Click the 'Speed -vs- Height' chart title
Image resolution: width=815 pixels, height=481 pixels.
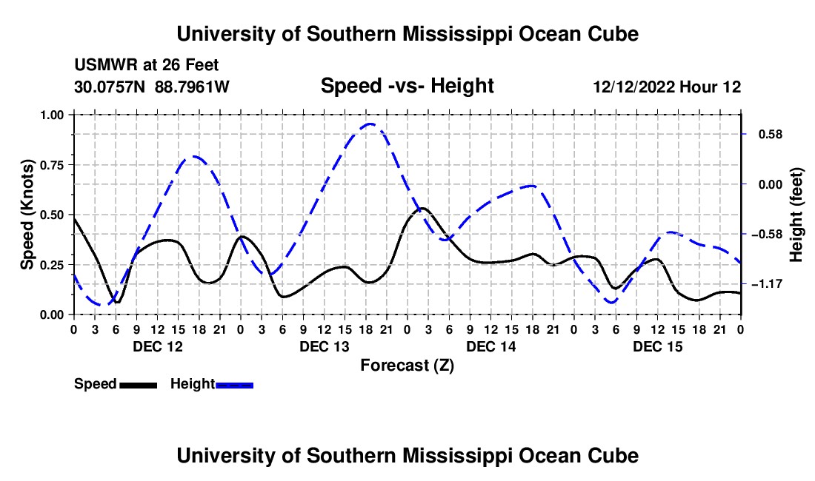click(x=407, y=86)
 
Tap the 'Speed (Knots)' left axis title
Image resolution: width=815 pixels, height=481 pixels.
click(x=27, y=215)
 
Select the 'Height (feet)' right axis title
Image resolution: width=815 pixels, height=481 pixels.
click(x=796, y=215)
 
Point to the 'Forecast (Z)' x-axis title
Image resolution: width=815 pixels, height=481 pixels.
click(x=407, y=366)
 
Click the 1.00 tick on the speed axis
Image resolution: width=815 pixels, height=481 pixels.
click(x=52, y=115)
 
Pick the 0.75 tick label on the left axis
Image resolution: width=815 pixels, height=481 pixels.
click(x=52, y=165)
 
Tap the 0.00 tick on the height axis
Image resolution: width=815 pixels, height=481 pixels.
click(x=771, y=185)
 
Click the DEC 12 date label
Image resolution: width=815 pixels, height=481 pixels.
click(x=158, y=346)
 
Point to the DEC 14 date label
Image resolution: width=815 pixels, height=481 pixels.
click(x=491, y=346)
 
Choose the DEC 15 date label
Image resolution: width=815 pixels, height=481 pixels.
click(x=657, y=346)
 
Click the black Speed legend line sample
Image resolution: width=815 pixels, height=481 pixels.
click(x=139, y=385)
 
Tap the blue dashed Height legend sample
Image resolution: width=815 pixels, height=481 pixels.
click(x=234, y=385)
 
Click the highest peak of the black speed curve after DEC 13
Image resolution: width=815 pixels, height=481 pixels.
click(x=422, y=208)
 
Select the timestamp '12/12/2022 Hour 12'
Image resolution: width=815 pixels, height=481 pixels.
click(x=667, y=87)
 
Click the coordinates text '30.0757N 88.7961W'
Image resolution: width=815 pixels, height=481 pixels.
click(x=152, y=87)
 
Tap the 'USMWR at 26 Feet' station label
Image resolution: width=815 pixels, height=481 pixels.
click(x=147, y=65)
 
